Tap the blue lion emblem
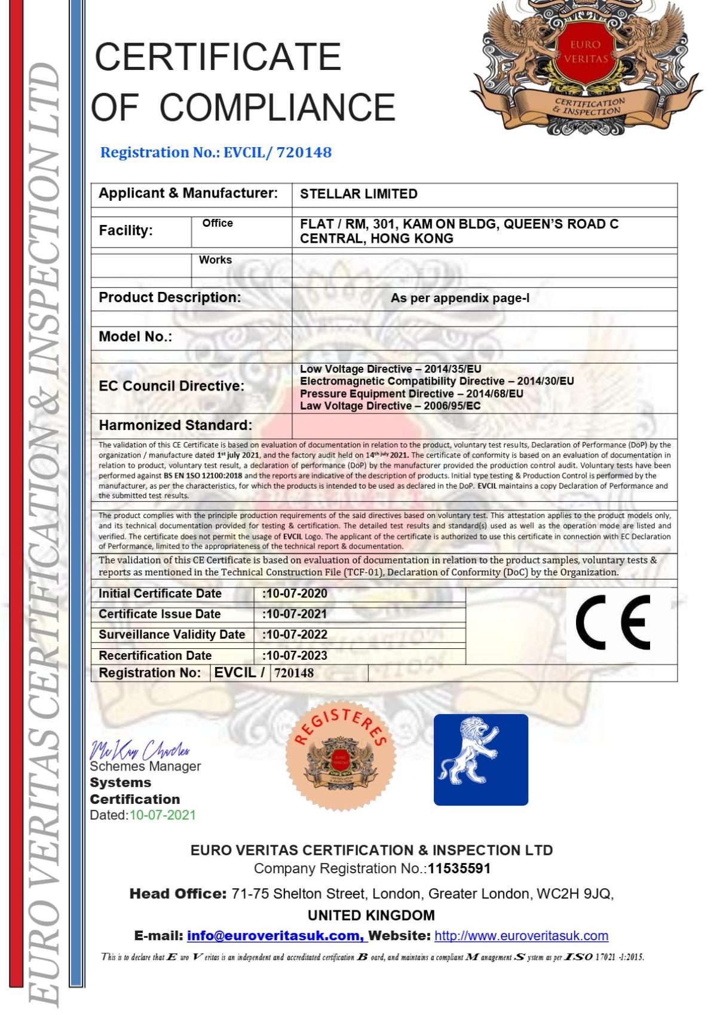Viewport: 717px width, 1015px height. tap(480, 760)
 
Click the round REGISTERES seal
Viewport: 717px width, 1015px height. tap(340, 756)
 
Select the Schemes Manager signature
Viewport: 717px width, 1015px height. tap(140, 749)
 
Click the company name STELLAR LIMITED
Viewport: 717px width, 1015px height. tap(358, 194)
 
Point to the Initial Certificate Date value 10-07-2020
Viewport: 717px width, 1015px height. tap(295, 593)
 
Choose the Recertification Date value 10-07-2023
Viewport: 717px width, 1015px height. tap(295, 655)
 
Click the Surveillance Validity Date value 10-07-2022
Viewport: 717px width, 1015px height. tap(295, 634)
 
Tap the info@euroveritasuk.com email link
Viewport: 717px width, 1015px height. tap(275, 935)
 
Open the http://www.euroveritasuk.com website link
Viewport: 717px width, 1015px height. tap(521, 935)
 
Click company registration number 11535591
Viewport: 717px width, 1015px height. tap(459, 868)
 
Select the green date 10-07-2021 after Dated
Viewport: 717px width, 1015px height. tap(163, 815)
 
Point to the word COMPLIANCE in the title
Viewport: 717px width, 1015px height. tap(277, 107)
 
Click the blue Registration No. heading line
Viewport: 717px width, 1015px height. tap(216, 153)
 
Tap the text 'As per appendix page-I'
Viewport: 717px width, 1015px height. tap(460, 298)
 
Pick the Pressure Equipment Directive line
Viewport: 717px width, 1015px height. tap(411, 394)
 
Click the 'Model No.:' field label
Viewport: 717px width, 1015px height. tap(135, 337)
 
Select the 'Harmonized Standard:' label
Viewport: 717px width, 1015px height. tap(175, 425)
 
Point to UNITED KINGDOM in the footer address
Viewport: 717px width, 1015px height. tap(371, 915)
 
